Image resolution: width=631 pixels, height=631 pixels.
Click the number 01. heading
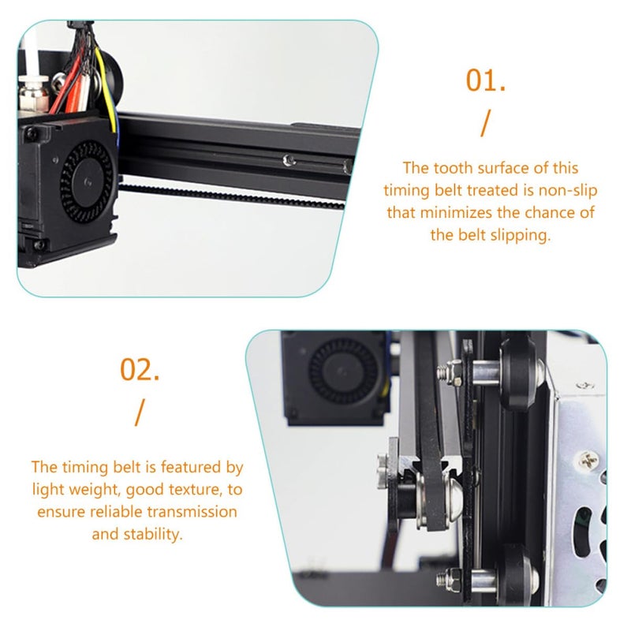click(x=485, y=80)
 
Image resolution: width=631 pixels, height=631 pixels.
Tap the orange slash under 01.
click(x=485, y=123)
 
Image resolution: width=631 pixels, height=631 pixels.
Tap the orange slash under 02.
click(x=140, y=412)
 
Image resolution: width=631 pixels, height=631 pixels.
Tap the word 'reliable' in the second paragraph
click(x=118, y=511)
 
